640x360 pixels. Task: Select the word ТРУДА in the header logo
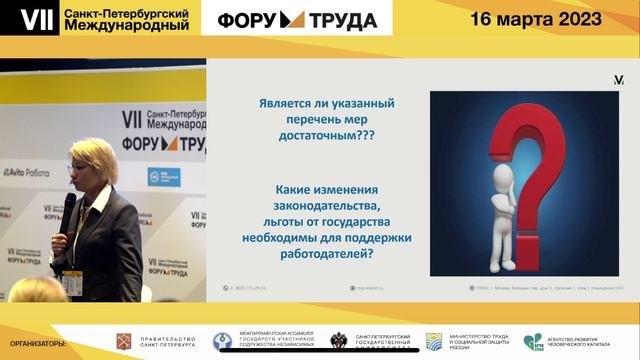(x=342, y=19)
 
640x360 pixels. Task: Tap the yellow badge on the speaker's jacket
(x=71, y=283)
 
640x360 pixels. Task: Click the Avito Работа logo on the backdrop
(x=26, y=172)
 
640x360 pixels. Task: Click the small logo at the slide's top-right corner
(x=619, y=79)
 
